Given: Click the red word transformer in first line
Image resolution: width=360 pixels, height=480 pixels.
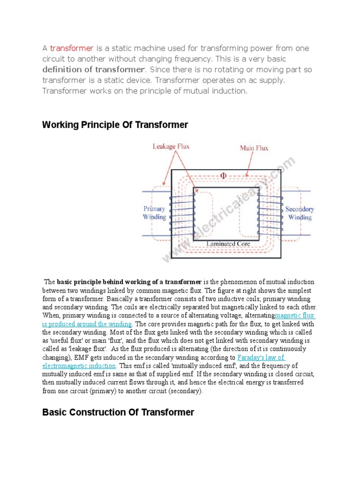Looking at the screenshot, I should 72,49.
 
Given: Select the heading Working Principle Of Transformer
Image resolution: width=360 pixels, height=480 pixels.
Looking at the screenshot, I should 115,125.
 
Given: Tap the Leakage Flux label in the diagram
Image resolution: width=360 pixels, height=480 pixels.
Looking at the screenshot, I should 171,146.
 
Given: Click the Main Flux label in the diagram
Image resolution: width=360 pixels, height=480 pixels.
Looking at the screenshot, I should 254,148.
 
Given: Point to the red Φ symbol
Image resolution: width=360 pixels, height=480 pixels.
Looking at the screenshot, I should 223,176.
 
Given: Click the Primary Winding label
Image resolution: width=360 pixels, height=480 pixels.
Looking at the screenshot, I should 154,213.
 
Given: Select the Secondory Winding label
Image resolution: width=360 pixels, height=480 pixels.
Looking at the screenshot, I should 300,213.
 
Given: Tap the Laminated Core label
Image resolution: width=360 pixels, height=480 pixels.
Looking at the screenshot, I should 228,244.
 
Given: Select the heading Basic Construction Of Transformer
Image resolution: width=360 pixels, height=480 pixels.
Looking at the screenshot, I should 118,412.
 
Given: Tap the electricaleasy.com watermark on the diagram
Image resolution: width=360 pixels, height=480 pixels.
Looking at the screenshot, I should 230,211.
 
